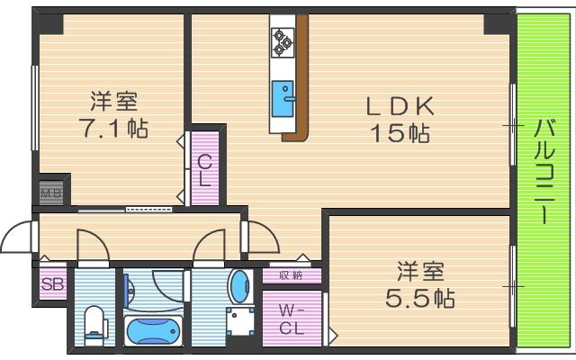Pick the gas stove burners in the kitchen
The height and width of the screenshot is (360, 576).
(x=283, y=40)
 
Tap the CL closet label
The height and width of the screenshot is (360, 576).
(x=205, y=169)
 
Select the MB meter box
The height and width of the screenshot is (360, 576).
(x=49, y=191)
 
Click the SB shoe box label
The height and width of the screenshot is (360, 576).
(x=51, y=284)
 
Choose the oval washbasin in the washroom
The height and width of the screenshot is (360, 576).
(x=240, y=287)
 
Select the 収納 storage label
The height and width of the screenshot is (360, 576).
(x=291, y=275)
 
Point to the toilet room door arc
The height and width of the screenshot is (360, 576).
(x=91, y=245)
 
